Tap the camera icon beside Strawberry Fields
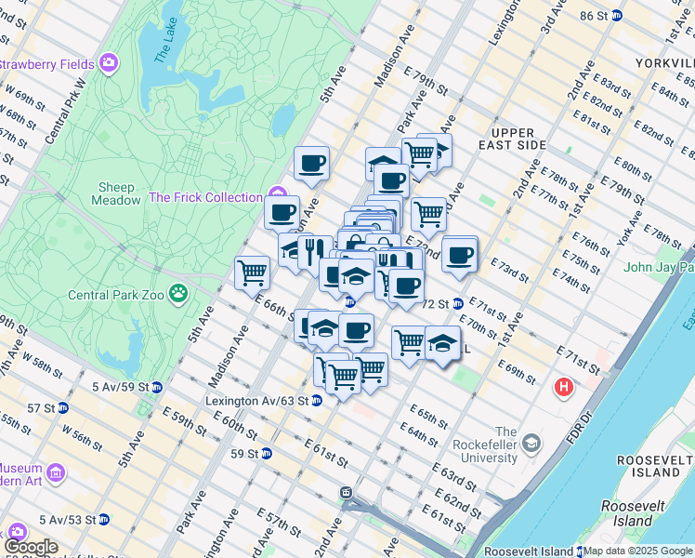pyautogui.click(x=111, y=63)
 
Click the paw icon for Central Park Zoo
pyautogui.click(x=177, y=296)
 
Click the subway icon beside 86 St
pyautogui.click(x=640, y=16)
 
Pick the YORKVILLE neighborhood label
pyautogui.click(x=662, y=62)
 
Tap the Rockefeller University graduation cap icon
pyautogui.click(x=531, y=441)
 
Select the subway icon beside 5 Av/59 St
pyautogui.click(x=157, y=387)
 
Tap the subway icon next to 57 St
pyautogui.click(x=63, y=407)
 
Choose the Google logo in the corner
pyautogui.click(x=31, y=547)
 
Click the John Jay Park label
pyautogui.click(x=659, y=268)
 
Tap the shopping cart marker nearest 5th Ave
pyautogui.click(x=252, y=274)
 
